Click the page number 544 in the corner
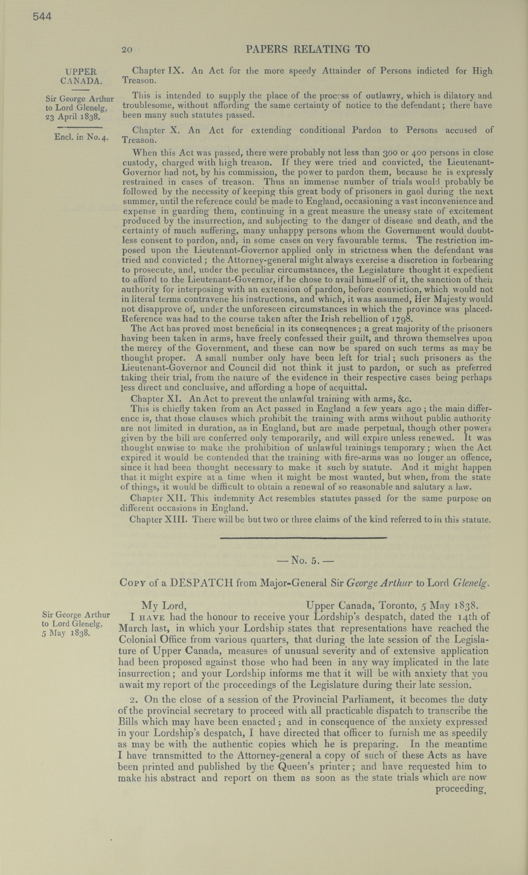click(42, 17)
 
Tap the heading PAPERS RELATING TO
click(308, 49)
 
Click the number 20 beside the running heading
click(127, 50)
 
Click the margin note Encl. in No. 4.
click(81, 137)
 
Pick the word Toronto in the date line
click(400, 605)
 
